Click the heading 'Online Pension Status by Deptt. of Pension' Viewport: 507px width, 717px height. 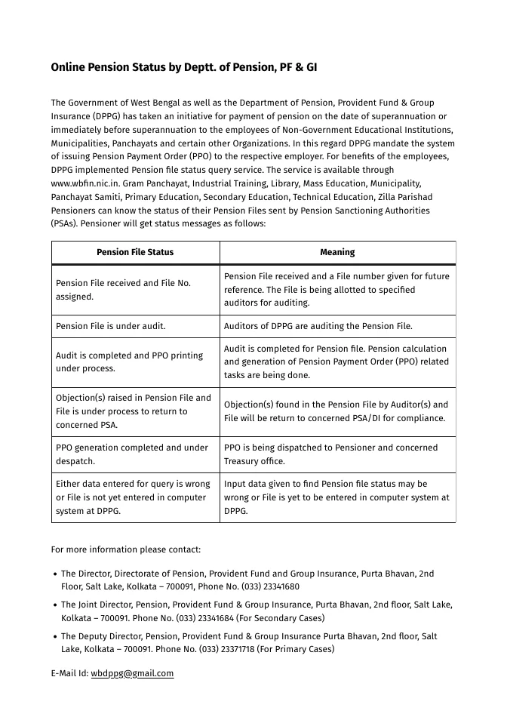[183, 67]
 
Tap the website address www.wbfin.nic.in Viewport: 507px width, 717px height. [87, 183]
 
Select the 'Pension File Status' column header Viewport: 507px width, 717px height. [135, 252]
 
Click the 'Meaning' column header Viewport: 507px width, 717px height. [337, 252]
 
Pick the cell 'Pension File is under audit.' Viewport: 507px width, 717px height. [111, 326]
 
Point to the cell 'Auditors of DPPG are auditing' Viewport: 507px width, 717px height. [318, 326]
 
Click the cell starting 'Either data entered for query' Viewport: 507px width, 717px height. [133, 497]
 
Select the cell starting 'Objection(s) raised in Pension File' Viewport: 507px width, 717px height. [133, 411]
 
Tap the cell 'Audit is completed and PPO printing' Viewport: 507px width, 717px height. [129, 362]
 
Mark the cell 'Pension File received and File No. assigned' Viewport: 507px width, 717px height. [123, 290]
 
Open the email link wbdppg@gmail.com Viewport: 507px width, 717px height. [132, 673]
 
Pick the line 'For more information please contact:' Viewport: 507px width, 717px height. [125, 549]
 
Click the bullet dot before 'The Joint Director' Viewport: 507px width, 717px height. [55, 605]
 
